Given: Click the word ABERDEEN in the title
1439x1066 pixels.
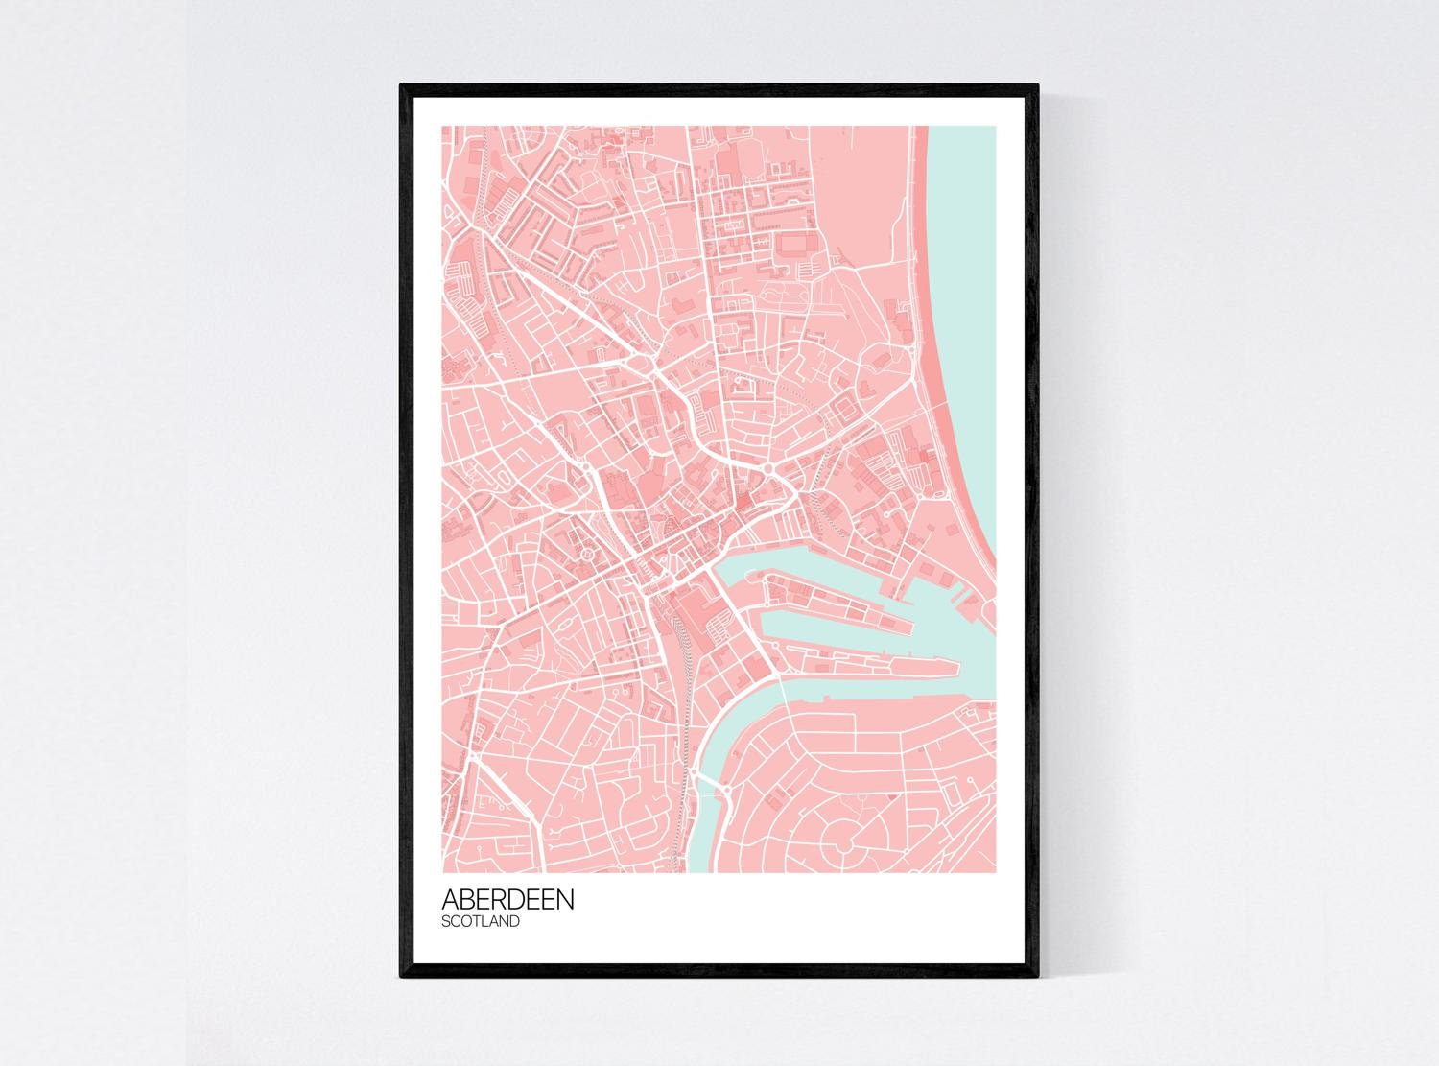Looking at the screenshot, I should coord(508,900).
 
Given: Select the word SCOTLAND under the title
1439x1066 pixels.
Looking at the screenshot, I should coord(481,922).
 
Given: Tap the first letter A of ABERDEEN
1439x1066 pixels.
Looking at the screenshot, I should coord(450,900).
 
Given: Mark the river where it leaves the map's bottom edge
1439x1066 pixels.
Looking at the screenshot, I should coord(701,864).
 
